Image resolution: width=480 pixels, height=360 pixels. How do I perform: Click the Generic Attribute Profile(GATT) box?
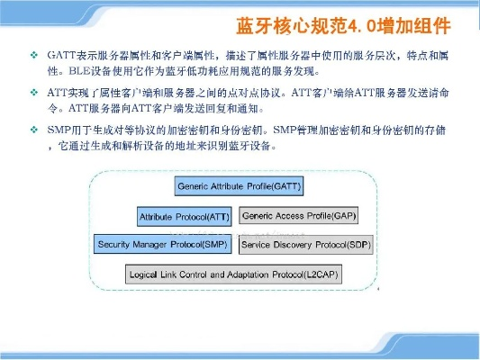233,186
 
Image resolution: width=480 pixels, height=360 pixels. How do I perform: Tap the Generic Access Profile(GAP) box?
299,216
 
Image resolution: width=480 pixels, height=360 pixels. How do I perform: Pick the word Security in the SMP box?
116,244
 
